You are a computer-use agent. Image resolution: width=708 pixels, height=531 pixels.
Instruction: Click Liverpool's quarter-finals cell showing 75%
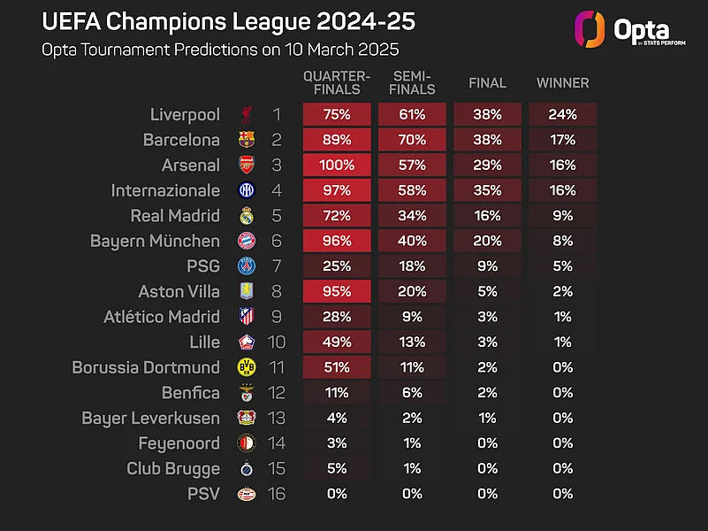[337, 114]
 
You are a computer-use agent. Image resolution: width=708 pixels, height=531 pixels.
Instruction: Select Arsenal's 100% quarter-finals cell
[337, 165]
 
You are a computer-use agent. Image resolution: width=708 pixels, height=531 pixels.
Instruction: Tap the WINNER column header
[562, 83]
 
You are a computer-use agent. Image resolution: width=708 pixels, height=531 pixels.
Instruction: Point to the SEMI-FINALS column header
[412, 83]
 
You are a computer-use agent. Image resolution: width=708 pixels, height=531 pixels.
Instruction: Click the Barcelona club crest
[246, 140]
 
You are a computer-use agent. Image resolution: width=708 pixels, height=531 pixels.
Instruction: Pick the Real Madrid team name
[175, 216]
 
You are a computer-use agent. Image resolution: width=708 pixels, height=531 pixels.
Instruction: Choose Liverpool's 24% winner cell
[562, 114]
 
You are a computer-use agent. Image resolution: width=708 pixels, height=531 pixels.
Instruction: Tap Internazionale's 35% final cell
[487, 190]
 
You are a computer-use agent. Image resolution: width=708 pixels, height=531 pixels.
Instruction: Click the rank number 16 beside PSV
[277, 494]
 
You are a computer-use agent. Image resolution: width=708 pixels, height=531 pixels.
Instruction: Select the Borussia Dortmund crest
[246, 367]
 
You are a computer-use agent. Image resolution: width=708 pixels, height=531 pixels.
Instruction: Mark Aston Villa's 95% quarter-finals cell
[337, 291]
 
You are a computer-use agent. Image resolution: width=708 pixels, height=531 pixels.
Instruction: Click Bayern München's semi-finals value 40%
[412, 241]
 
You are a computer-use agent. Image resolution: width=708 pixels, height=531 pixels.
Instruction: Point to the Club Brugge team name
[173, 468]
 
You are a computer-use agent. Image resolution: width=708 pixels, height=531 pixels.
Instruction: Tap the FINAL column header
[487, 83]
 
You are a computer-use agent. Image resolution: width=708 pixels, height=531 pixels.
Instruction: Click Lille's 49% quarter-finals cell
[337, 342]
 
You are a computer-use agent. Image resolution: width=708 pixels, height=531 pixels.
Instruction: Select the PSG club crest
[246, 266]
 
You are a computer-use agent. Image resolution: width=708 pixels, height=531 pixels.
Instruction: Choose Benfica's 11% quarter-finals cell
[337, 392]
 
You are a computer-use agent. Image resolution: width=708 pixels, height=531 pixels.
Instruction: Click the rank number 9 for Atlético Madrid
[277, 317]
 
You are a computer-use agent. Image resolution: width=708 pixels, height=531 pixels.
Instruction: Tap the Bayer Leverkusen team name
[150, 418]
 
